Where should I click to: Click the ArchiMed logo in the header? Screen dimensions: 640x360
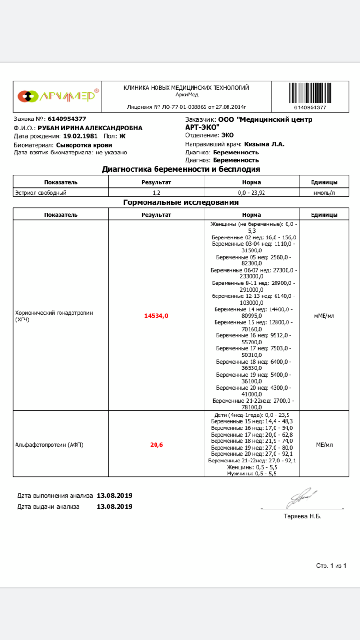click(x=59, y=96)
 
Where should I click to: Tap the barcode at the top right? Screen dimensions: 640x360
click(x=310, y=93)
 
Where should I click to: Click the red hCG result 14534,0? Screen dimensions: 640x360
click(x=156, y=316)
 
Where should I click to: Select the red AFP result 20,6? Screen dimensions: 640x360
click(x=156, y=445)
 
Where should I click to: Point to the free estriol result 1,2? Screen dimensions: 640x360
click(x=156, y=193)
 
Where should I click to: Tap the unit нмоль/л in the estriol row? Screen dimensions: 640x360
click(x=324, y=193)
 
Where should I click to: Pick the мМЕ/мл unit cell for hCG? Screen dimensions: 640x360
click(x=324, y=316)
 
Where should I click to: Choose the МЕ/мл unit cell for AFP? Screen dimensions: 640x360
click(x=324, y=445)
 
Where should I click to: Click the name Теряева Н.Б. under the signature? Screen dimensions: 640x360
click(x=302, y=516)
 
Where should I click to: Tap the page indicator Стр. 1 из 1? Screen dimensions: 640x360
click(x=331, y=566)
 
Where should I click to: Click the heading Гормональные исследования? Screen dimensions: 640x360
click(x=181, y=202)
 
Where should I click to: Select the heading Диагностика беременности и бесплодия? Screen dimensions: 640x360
click(x=181, y=169)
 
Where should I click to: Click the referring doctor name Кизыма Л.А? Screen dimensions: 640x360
click(x=264, y=144)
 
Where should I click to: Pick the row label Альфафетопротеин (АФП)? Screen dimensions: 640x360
click(x=49, y=445)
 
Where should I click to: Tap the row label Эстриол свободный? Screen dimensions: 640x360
click(x=41, y=193)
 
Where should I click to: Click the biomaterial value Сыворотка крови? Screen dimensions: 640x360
click(x=84, y=145)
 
